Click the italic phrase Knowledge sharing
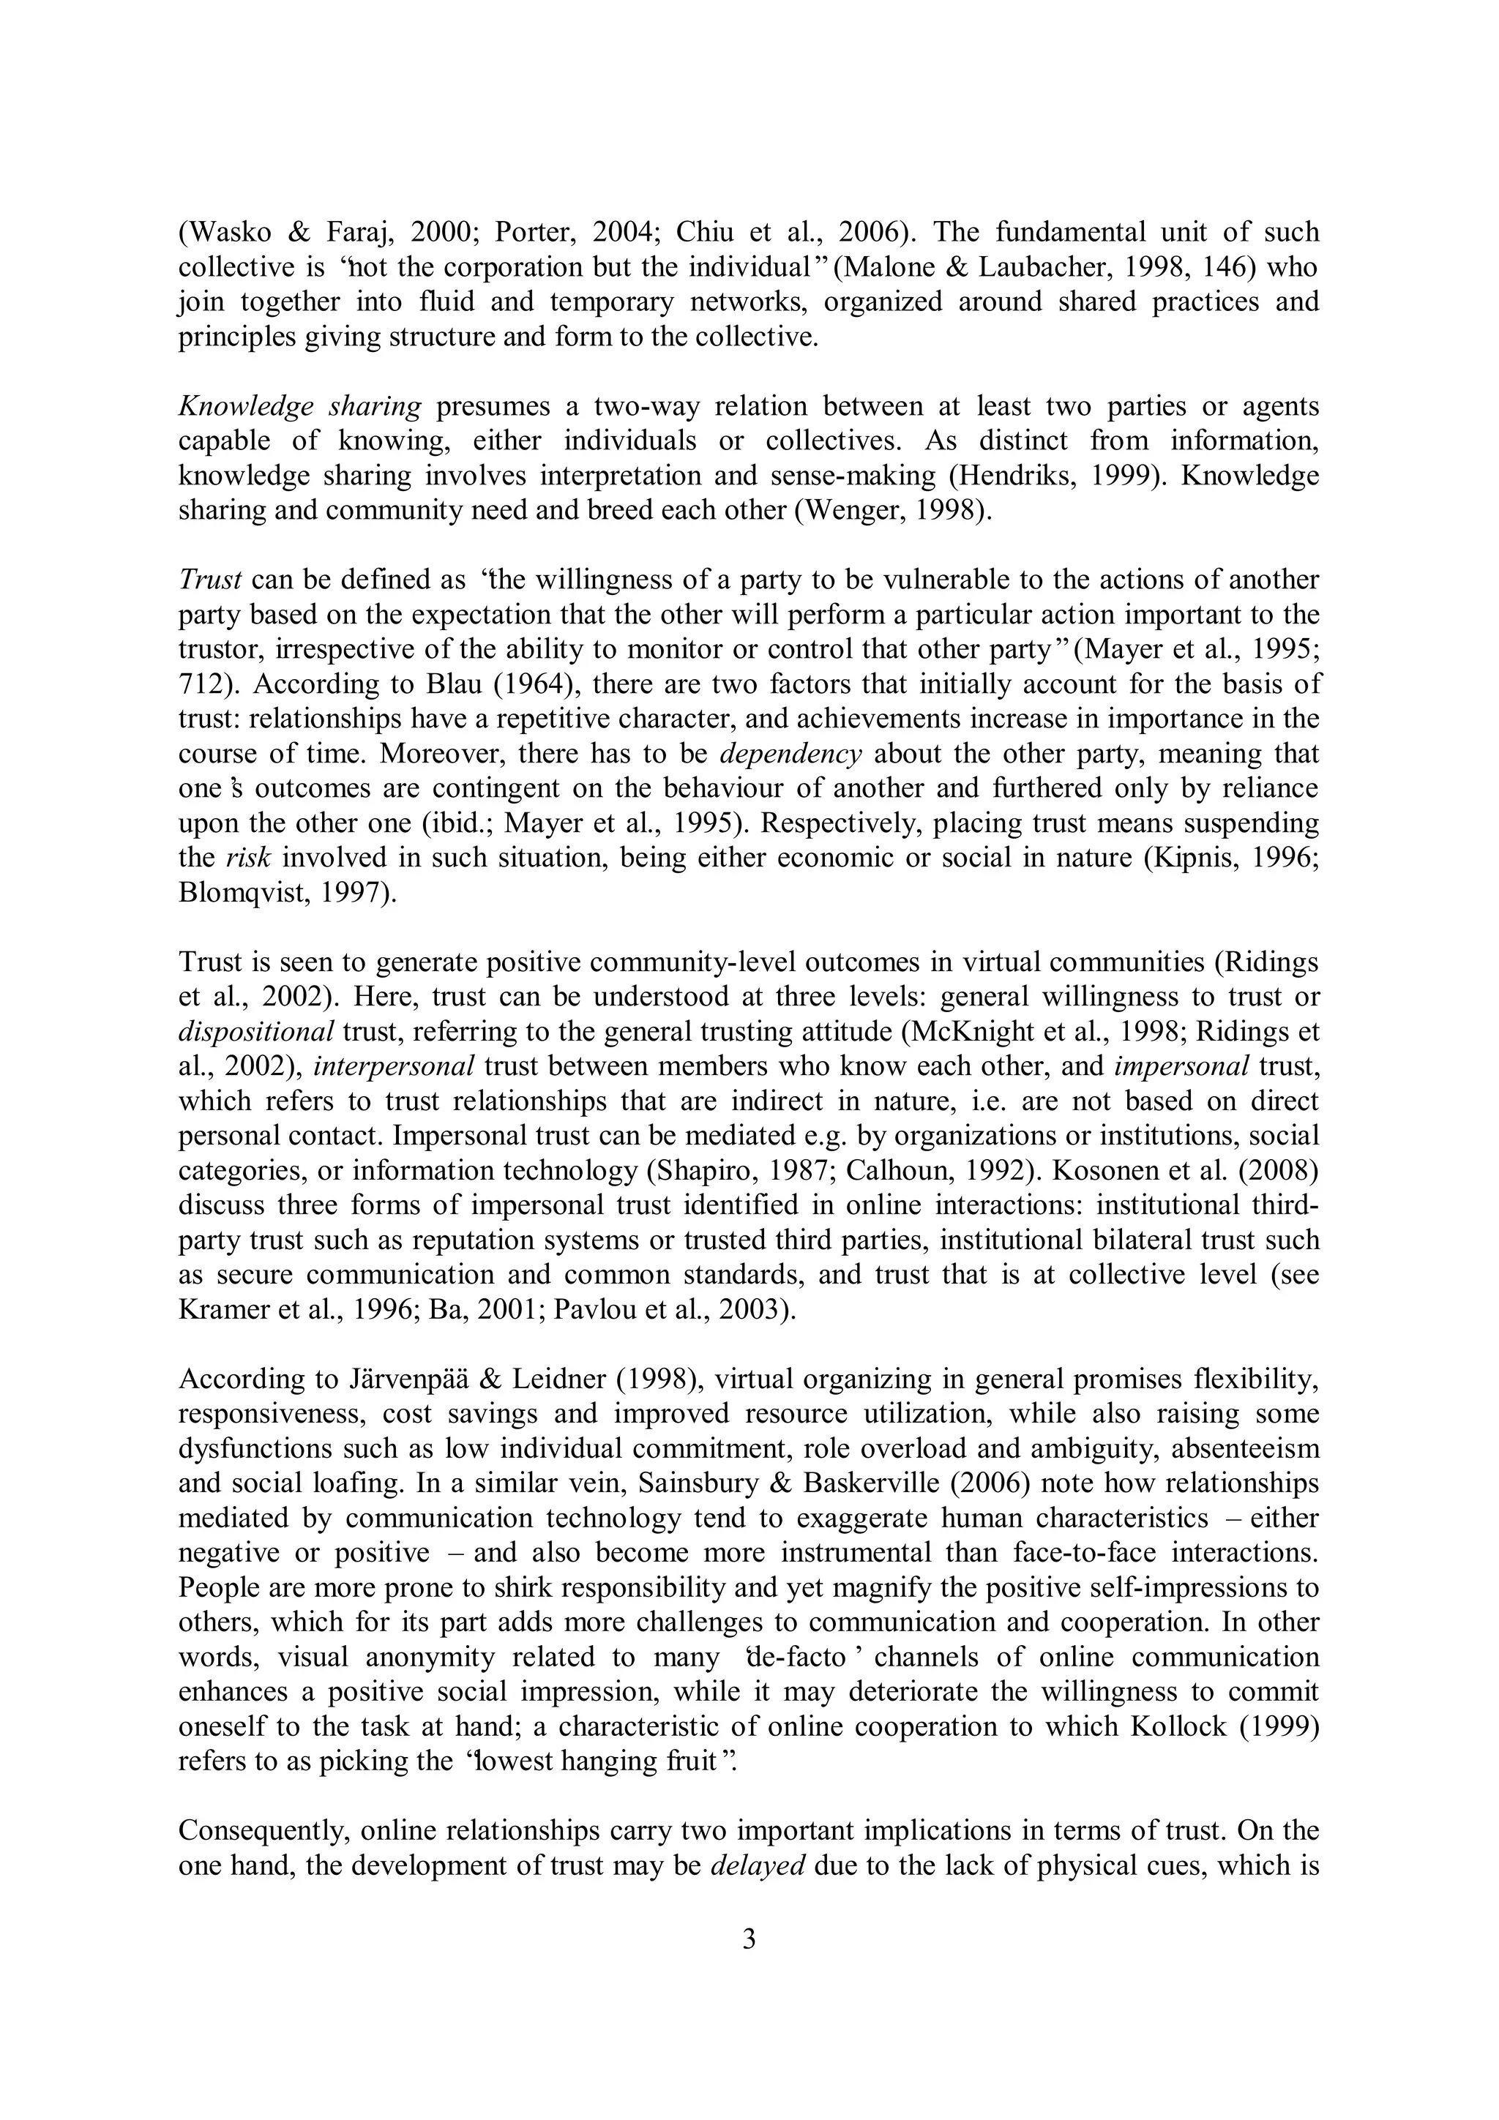coord(299,406)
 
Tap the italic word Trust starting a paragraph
coord(209,580)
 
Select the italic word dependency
coord(790,754)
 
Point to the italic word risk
coord(248,858)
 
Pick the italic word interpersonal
coord(395,1066)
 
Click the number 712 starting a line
coord(201,684)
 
